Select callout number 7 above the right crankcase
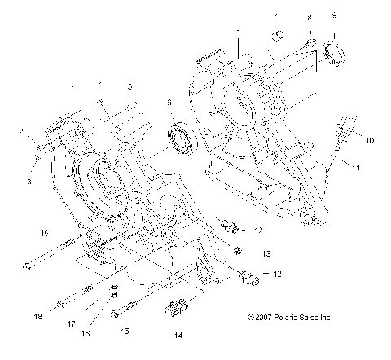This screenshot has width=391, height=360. tap(275, 15)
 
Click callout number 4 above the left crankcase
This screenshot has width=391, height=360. tap(99, 84)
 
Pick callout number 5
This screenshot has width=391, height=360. tap(129, 87)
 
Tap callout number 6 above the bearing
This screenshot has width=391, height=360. tap(169, 102)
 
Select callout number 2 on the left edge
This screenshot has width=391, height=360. tap(21, 130)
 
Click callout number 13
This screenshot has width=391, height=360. tap(266, 252)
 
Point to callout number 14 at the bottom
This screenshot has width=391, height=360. tap(178, 333)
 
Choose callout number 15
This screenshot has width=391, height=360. tap(125, 330)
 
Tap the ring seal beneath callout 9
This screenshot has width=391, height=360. tap(335, 53)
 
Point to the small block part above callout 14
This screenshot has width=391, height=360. tap(177, 310)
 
